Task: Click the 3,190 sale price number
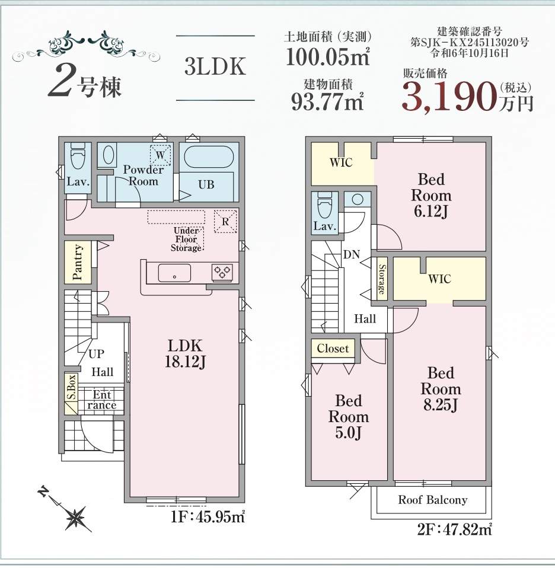click(449, 97)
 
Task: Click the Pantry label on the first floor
click(78, 262)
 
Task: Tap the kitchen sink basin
click(174, 273)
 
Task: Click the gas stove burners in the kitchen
click(222, 272)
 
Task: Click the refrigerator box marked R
click(225, 221)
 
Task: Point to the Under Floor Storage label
click(186, 239)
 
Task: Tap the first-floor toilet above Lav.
click(78, 156)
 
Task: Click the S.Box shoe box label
click(72, 387)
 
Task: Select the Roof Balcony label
click(432, 500)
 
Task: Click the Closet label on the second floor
click(333, 349)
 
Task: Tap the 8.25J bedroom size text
click(441, 404)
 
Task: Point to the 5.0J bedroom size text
click(348, 432)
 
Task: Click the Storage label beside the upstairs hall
click(381, 279)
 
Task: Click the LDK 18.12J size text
click(185, 354)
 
